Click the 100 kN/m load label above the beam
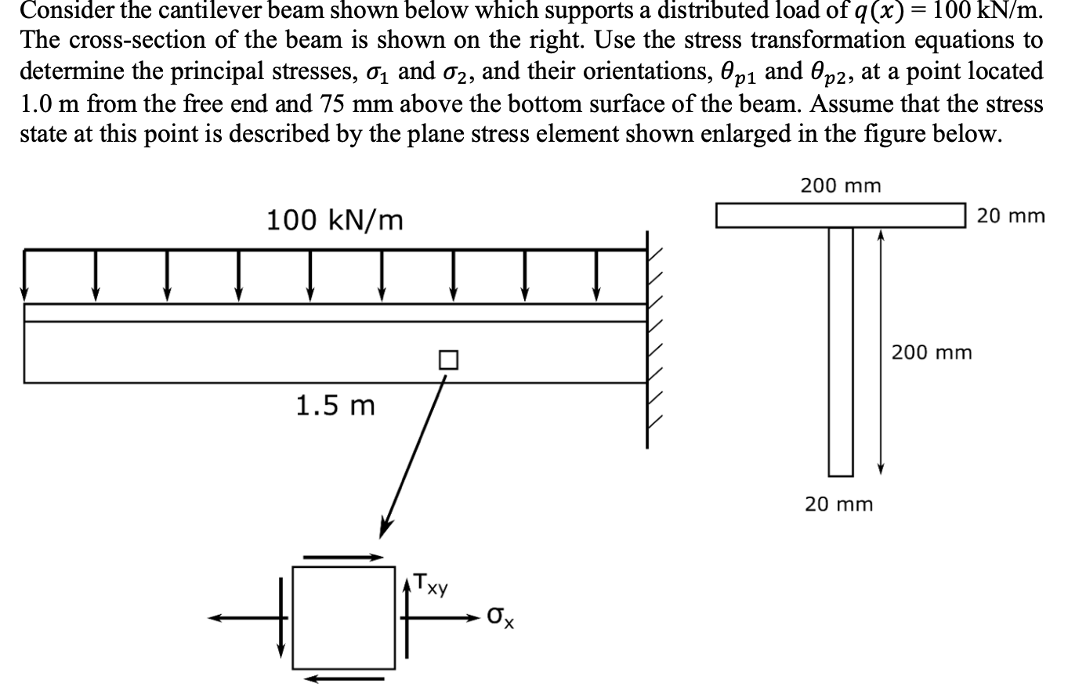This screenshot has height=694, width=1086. pos(335,220)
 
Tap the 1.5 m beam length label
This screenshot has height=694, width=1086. pos(335,406)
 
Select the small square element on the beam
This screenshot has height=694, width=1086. pos(447,360)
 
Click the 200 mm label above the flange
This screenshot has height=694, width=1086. pos(840,186)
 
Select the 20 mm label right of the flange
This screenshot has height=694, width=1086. pos(1010,215)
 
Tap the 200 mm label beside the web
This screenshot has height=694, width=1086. pos(932,352)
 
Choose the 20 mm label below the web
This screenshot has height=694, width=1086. pos(838,504)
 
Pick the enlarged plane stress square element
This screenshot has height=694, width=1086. pos(343,617)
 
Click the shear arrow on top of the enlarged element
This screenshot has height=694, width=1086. pos(342,558)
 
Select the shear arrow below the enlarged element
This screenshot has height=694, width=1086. pos(344,678)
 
